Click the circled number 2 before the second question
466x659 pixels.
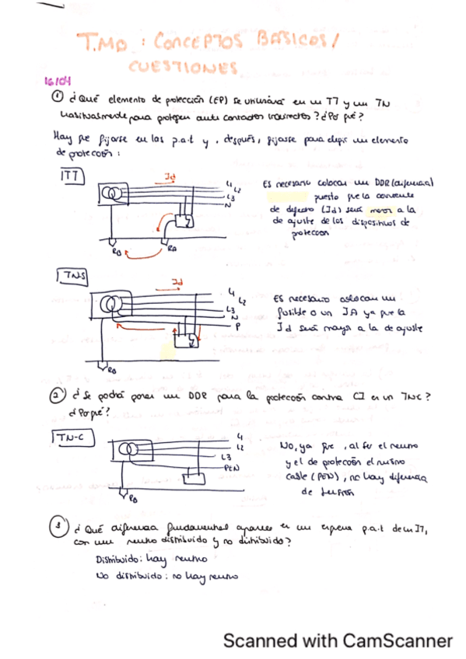(x=58, y=396)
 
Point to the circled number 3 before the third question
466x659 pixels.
(x=58, y=528)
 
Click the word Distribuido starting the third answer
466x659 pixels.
(x=117, y=560)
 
